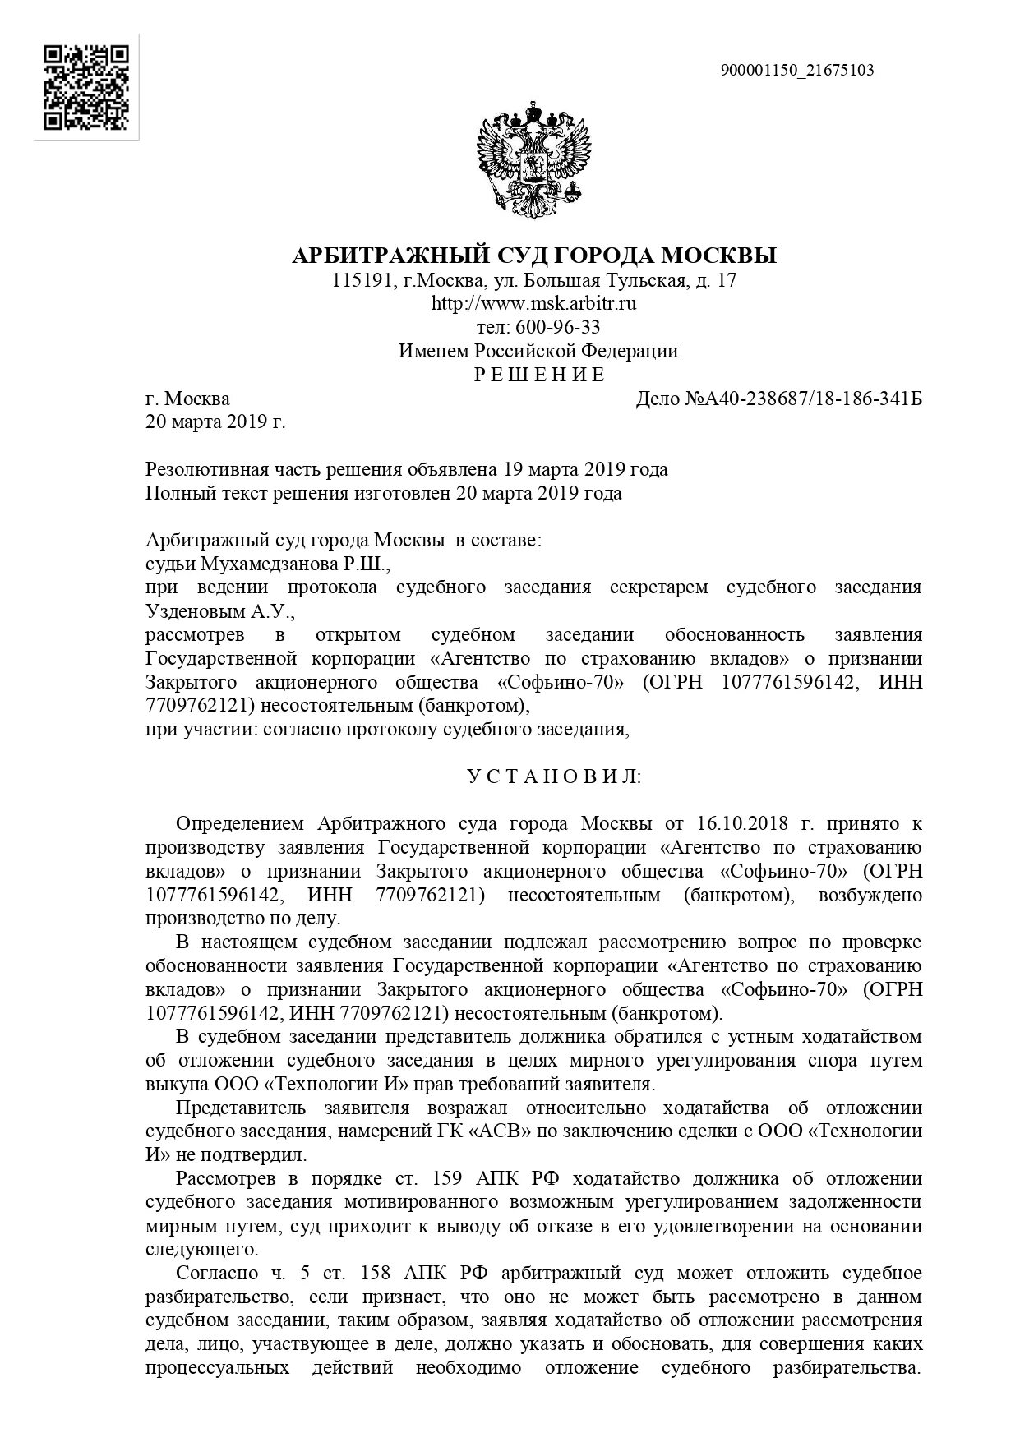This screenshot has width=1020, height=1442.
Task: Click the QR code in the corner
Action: pyautogui.click(x=86, y=87)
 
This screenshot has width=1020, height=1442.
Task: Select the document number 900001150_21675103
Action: pyautogui.click(x=797, y=71)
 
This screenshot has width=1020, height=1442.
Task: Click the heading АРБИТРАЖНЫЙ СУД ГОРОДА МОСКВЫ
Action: pyautogui.click(x=534, y=256)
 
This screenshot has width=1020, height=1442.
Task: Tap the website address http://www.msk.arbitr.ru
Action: pyautogui.click(x=534, y=304)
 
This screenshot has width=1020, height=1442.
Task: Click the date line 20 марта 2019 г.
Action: pyautogui.click(x=215, y=423)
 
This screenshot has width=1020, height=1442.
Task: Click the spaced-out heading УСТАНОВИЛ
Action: pyautogui.click(x=555, y=776)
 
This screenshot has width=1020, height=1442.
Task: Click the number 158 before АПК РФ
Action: pyautogui.click(x=378, y=1274)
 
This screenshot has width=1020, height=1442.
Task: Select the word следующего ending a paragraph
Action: pyautogui.click(x=198, y=1251)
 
